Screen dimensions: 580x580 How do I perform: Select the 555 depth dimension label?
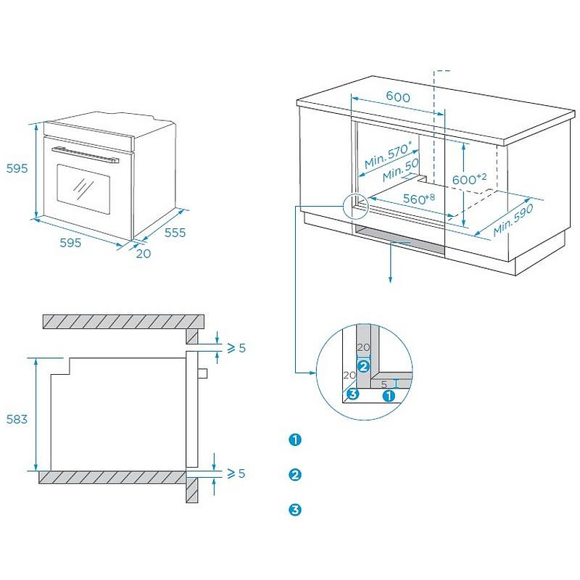point(175,233)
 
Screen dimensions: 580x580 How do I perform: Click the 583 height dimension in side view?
point(17,419)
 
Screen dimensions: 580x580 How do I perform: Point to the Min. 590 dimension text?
point(513,220)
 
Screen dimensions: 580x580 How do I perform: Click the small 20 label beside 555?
point(143,253)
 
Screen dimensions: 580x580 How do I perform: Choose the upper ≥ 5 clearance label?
point(236,348)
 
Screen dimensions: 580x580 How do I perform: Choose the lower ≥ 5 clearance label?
point(236,473)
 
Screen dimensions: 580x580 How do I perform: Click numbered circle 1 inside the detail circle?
point(389,396)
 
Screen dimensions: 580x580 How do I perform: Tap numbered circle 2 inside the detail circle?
point(363,366)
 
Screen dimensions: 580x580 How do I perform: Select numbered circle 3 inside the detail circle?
point(352,394)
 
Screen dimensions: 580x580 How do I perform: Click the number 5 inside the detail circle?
point(384,383)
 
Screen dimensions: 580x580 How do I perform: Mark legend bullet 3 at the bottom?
point(294,510)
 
